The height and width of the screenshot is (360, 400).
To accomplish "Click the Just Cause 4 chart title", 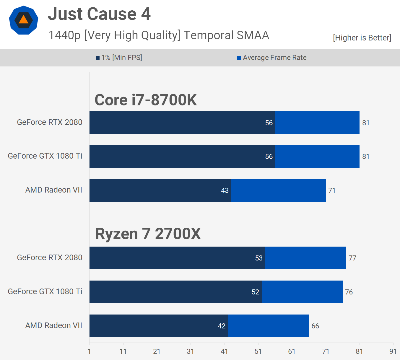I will (x=99, y=14).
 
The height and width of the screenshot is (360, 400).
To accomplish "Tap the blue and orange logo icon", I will (x=24, y=20).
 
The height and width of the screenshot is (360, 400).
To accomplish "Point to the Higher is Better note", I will (x=362, y=38).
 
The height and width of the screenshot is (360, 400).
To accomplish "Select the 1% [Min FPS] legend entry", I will (x=119, y=58).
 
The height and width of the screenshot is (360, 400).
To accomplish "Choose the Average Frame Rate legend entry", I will (x=272, y=58).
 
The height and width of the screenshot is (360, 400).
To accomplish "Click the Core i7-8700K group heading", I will (x=146, y=100).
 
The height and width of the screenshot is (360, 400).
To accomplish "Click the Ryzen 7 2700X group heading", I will (x=148, y=234).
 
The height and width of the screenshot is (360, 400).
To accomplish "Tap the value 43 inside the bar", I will (x=225, y=190).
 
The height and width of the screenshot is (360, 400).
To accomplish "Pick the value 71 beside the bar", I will (x=332, y=190).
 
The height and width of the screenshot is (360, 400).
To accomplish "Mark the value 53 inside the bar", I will (x=259, y=258).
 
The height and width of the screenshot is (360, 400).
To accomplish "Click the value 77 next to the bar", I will (x=352, y=258).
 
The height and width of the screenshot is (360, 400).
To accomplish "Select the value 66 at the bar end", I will (x=315, y=326).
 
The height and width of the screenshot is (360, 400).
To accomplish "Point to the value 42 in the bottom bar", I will (x=222, y=326).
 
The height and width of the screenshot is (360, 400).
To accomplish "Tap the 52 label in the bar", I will (x=255, y=292).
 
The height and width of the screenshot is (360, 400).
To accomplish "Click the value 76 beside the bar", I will (x=349, y=292).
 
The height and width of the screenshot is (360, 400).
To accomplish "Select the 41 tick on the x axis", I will (x=224, y=351).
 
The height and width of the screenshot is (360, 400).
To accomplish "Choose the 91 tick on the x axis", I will (x=393, y=351).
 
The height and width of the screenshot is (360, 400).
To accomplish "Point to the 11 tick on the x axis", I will (x=123, y=351).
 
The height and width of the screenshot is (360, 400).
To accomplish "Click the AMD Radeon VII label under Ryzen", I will (x=54, y=325).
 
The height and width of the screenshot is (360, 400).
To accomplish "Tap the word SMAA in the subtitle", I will (x=253, y=35).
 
